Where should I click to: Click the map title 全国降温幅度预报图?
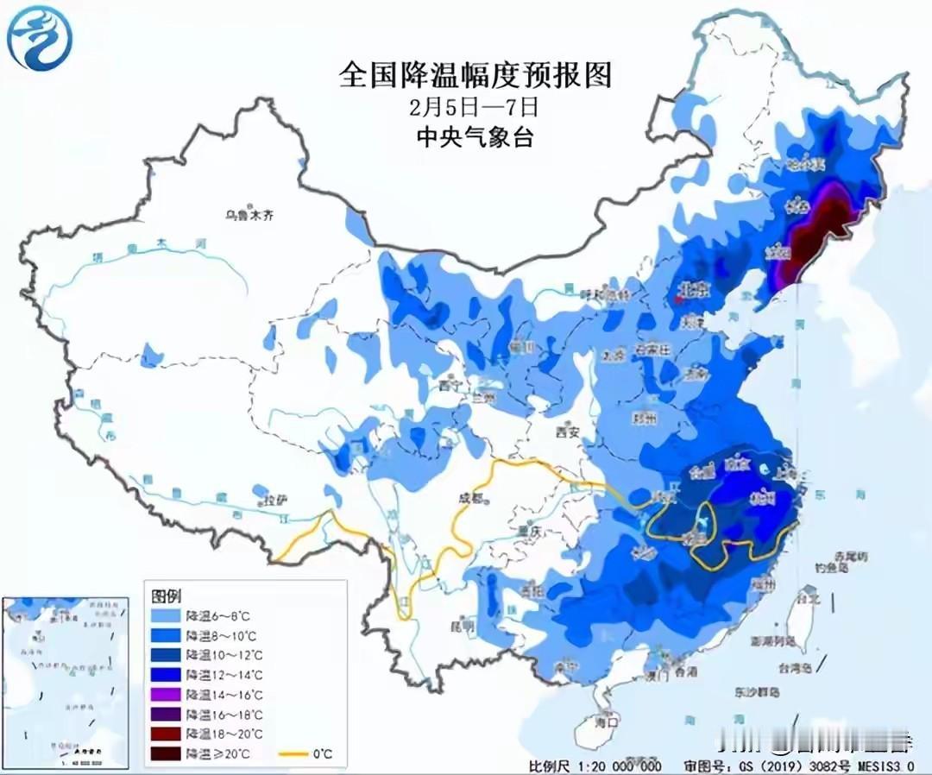(x=475, y=75)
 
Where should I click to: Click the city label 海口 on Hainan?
(x=610, y=720)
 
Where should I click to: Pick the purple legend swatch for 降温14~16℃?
(x=167, y=694)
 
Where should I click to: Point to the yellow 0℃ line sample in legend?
(x=293, y=753)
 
